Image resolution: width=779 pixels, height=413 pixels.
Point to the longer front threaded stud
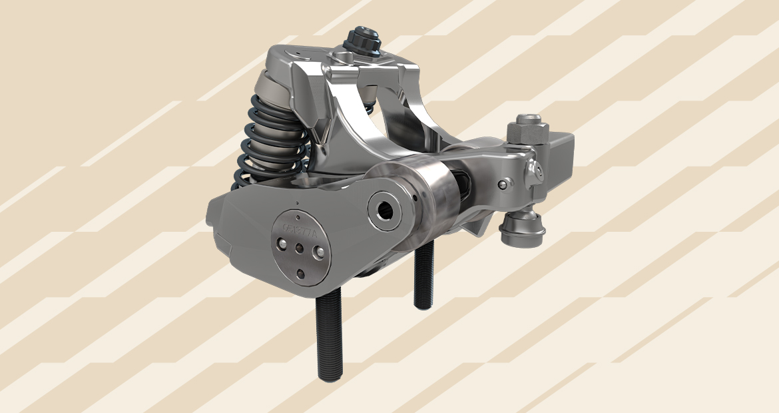pos(329,340)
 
